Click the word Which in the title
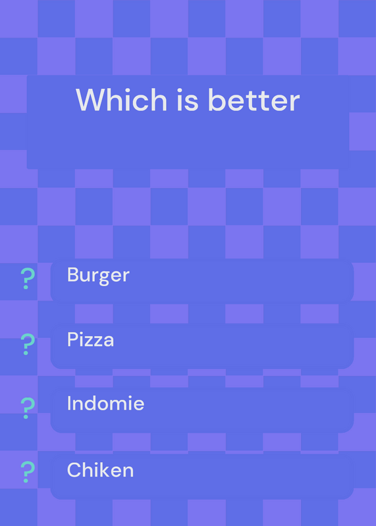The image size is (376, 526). (x=122, y=100)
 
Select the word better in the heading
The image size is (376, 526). (x=254, y=100)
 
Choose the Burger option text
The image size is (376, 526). (x=98, y=275)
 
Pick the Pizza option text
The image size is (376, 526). (x=91, y=339)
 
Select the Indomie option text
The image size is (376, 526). (x=106, y=403)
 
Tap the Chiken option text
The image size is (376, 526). (x=101, y=469)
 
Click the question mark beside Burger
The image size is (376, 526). (x=28, y=278)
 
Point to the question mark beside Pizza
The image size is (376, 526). (x=28, y=344)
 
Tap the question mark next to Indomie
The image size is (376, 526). (x=28, y=408)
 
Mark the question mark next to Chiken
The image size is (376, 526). (x=28, y=472)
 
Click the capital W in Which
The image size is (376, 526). (x=92, y=100)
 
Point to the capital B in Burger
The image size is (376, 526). (x=73, y=275)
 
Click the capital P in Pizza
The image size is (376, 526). (x=73, y=339)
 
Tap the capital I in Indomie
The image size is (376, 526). (x=69, y=403)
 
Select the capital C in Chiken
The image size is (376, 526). (x=74, y=469)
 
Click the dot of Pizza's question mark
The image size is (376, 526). (x=26, y=352)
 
